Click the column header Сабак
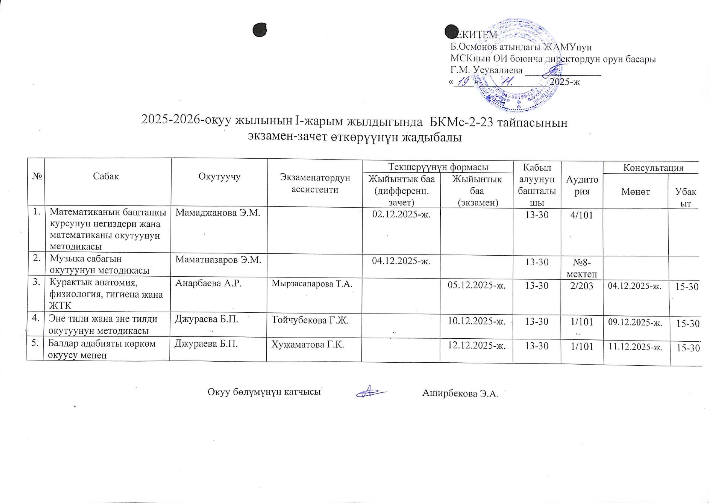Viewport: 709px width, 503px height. (x=106, y=177)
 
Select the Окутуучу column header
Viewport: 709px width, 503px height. (x=220, y=177)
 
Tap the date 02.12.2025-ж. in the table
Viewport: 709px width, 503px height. (x=401, y=215)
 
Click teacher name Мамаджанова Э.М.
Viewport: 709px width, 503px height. (x=217, y=213)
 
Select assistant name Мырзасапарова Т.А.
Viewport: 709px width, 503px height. (x=312, y=283)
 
